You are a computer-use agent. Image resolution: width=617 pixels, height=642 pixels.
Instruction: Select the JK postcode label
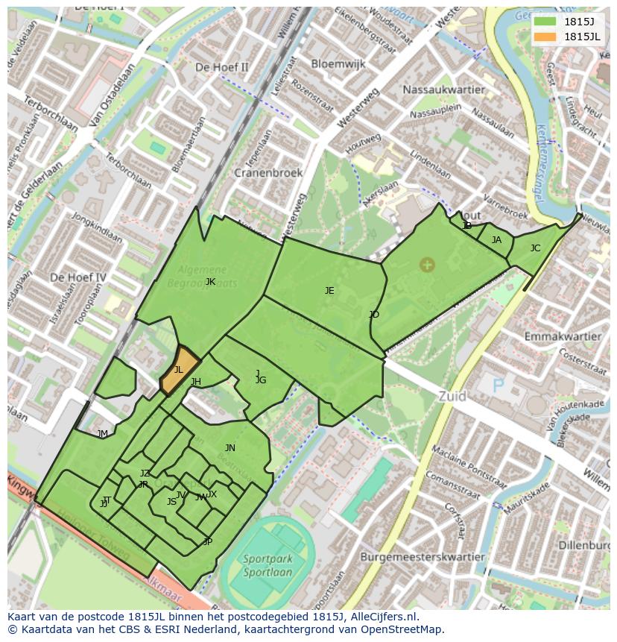pyautogui.click(x=210, y=282)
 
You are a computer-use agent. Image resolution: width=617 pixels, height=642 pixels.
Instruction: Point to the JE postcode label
pyautogui.click(x=329, y=291)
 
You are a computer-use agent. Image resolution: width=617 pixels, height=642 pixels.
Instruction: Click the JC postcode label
pyautogui.click(x=535, y=248)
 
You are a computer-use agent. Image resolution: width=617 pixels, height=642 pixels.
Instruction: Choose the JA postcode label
pyautogui.click(x=496, y=240)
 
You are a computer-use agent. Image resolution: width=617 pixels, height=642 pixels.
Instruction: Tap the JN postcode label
pyautogui.click(x=230, y=448)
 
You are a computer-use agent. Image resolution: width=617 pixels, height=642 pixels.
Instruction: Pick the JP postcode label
pyautogui.click(x=207, y=542)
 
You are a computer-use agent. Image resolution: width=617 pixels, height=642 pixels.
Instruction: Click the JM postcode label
pyautogui.click(x=103, y=434)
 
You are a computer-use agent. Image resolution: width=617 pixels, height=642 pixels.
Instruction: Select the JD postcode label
pyautogui.click(x=374, y=315)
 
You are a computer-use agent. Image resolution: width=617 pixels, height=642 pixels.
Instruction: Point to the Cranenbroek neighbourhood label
pyautogui.click(x=268, y=172)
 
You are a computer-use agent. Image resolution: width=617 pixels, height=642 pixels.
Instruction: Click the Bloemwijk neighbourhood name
pyautogui.click(x=338, y=64)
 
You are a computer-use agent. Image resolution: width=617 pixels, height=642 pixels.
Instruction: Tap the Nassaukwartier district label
pyautogui.click(x=443, y=89)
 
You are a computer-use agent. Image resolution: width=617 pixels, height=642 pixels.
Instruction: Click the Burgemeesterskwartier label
pyautogui.click(x=422, y=556)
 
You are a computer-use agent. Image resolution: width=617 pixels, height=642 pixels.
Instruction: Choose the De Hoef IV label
pyautogui.click(x=77, y=277)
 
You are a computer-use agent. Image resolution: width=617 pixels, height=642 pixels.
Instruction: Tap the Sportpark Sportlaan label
pyautogui.click(x=267, y=565)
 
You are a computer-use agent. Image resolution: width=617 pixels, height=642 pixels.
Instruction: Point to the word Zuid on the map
pyautogui.click(x=452, y=397)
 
